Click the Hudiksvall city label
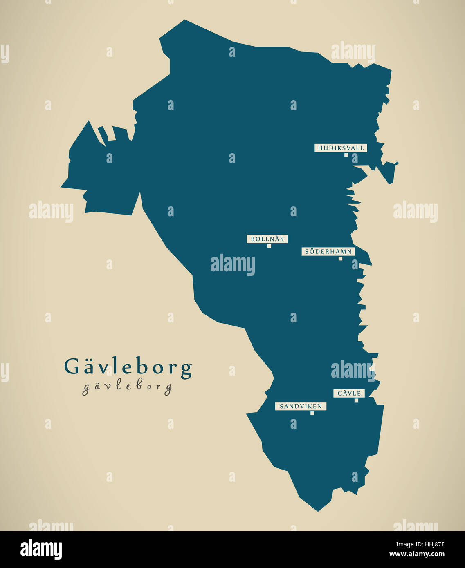(x=341, y=148)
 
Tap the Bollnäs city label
(x=267, y=239)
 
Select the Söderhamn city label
(x=328, y=252)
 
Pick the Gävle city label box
(x=349, y=394)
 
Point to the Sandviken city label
(x=301, y=407)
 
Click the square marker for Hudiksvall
(x=346, y=155)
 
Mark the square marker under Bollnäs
(x=269, y=246)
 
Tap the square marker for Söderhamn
(x=340, y=258)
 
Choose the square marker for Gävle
(x=356, y=400)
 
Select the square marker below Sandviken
(x=312, y=413)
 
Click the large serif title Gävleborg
(x=128, y=367)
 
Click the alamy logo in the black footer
(x=41, y=549)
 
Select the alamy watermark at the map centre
(x=233, y=264)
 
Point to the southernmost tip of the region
(x=318, y=511)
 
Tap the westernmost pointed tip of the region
(x=61, y=188)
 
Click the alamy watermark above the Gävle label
(x=353, y=370)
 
